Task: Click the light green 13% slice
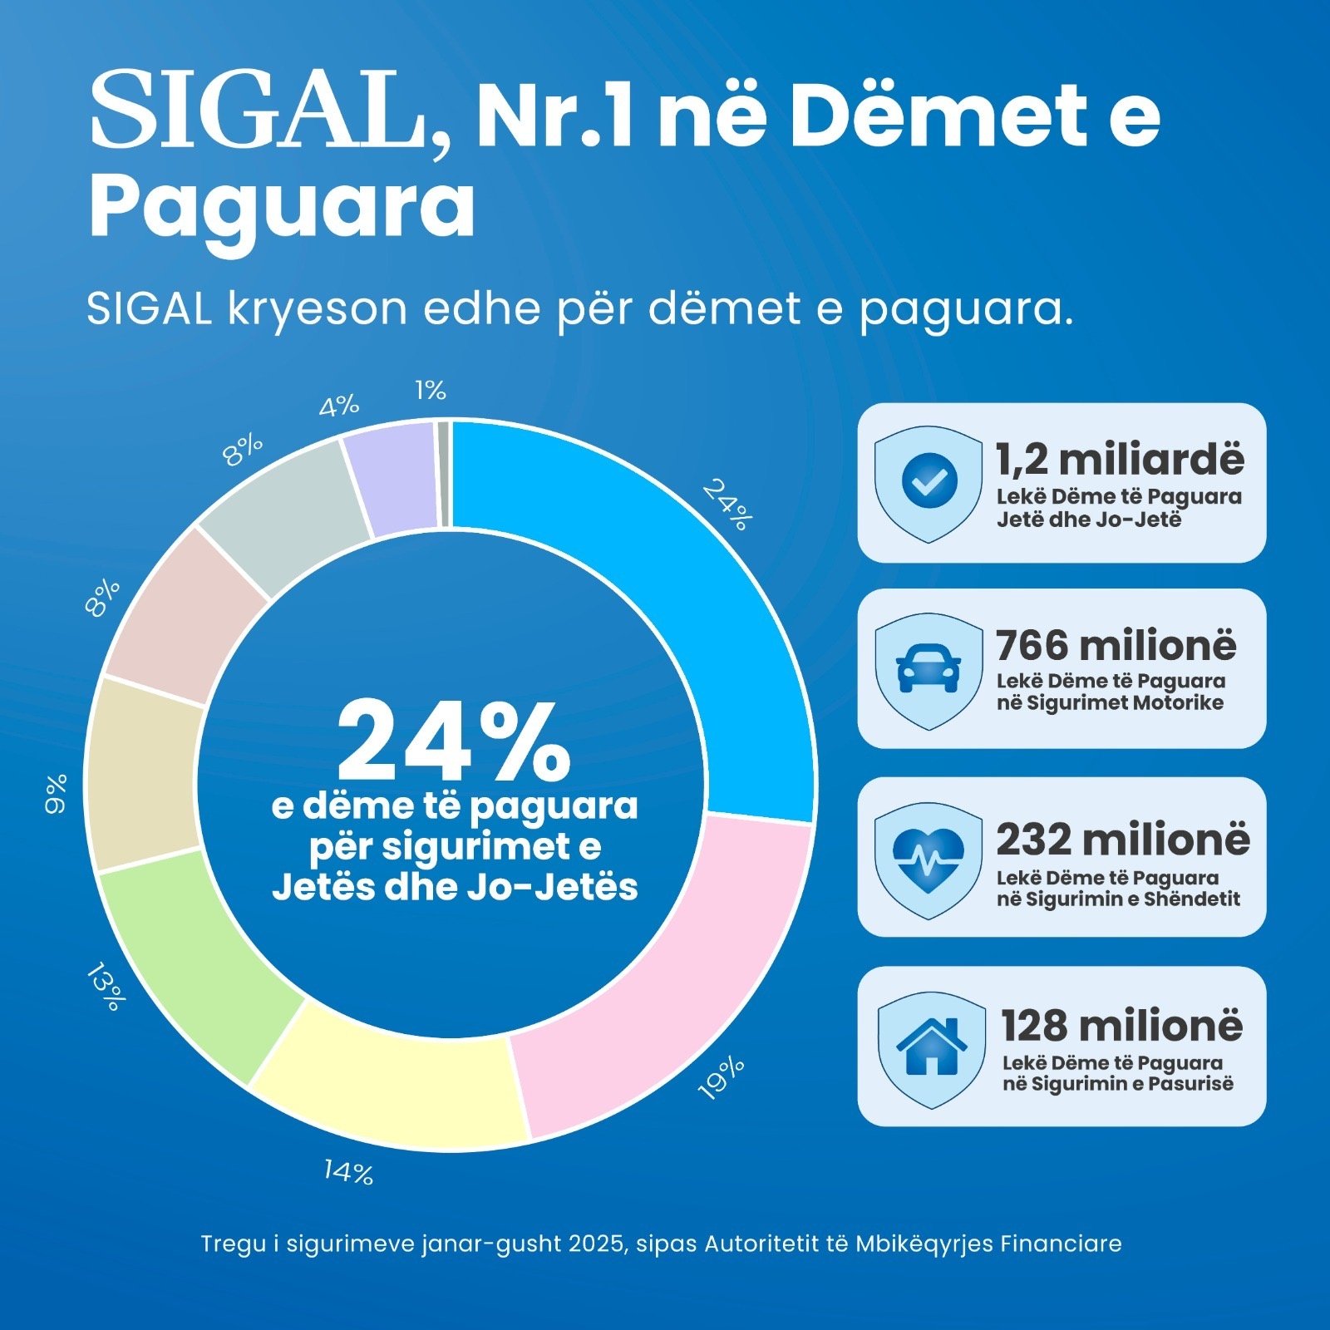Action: coord(199,956)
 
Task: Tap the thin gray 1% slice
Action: coord(444,474)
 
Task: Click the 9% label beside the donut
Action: coord(56,793)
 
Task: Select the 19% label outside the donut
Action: coord(721,1078)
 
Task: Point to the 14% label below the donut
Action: coord(348,1172)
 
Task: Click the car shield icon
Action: coord(929,670)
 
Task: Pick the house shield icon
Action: coord(931,1048)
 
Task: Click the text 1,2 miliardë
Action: coord(1120,460)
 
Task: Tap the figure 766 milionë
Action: coord(1116,645)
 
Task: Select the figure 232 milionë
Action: coord(1122,840)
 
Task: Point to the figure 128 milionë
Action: coord(1121,1026)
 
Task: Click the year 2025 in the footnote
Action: coord(597,1244)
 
